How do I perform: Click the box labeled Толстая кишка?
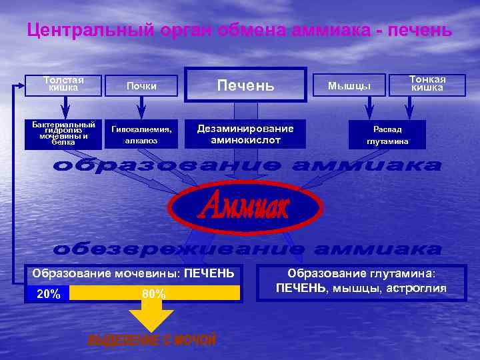click(x=64, y=85)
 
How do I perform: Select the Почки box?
click(x=141, y=85)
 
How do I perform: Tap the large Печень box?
click(x=245, y=85)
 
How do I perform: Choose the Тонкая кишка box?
click(x=427, y=84)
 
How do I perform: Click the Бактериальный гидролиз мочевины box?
click(x=64, y=133)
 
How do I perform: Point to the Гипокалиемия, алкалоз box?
click(x=141, y=135)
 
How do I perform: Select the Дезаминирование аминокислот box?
click(x=245, y=134)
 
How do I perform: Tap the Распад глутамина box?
click(x=387, y=135)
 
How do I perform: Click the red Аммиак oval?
click(x=245, y=208)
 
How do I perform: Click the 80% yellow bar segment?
click(x=154, y=293)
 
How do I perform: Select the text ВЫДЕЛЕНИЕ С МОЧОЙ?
click(x=151, y=341)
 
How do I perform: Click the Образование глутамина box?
click(x=360, y=281)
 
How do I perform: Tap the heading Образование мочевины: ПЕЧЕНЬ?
click(x=133, y=273)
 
